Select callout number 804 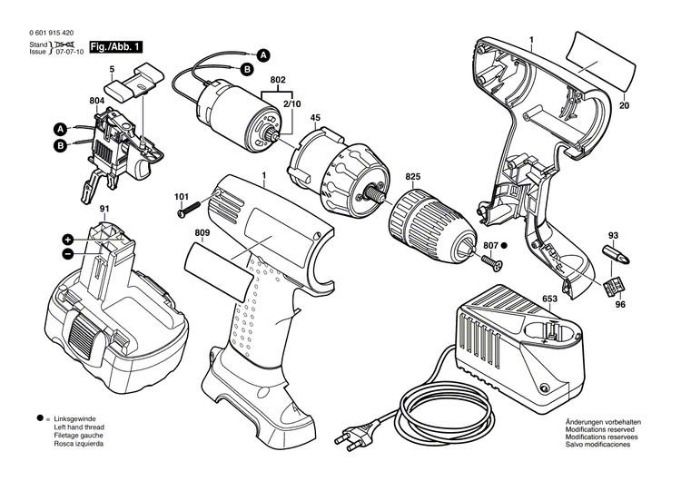97,101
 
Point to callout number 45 316,117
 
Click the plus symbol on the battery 68,240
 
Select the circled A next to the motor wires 262,54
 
